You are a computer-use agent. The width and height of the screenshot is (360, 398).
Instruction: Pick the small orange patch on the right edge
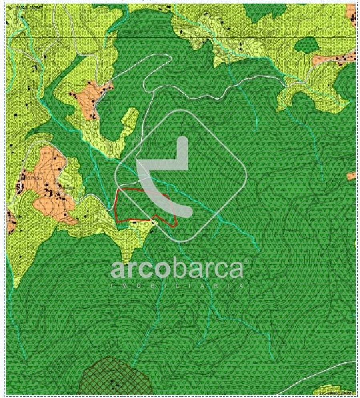click(351, 176)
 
